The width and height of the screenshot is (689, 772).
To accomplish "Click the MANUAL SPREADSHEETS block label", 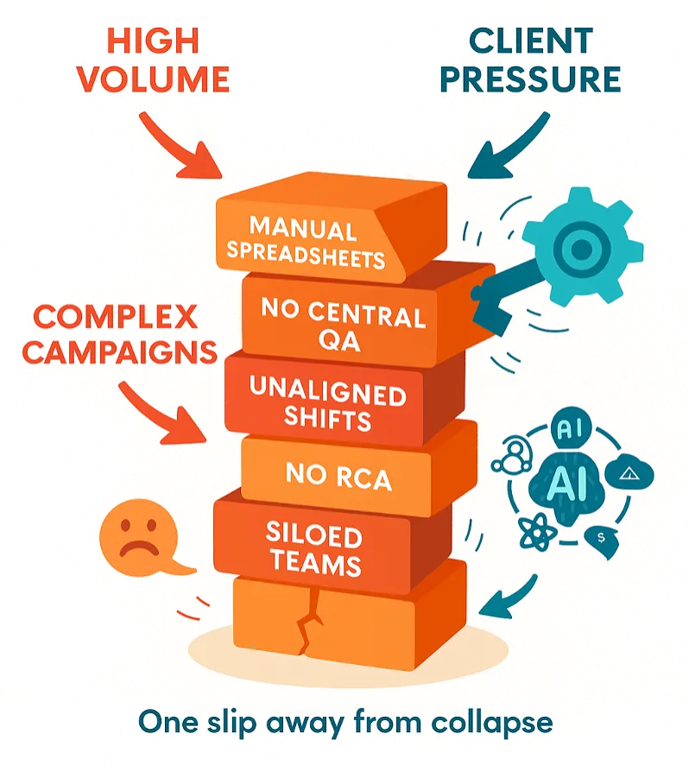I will [315, 244].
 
